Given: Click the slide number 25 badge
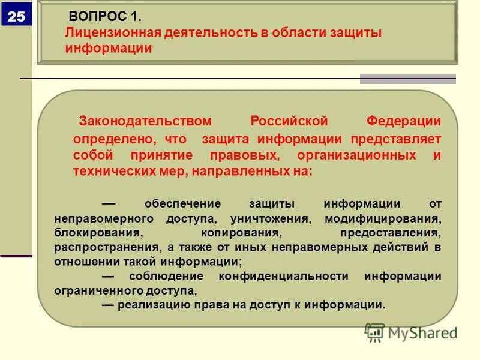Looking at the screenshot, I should pyautogui.click(x=16, y=16).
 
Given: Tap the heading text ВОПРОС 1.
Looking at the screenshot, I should pyautogui.click(x=106, y=16).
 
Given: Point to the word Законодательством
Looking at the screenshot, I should pyautogui.click(x=146, y=121).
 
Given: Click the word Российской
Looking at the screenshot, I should pyautogui.click(x=289, y=121).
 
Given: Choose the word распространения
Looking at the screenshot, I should pyautogui.click(x=105, y=247).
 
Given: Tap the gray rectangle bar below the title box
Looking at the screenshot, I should pyautogui.click(x=407, y=79).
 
